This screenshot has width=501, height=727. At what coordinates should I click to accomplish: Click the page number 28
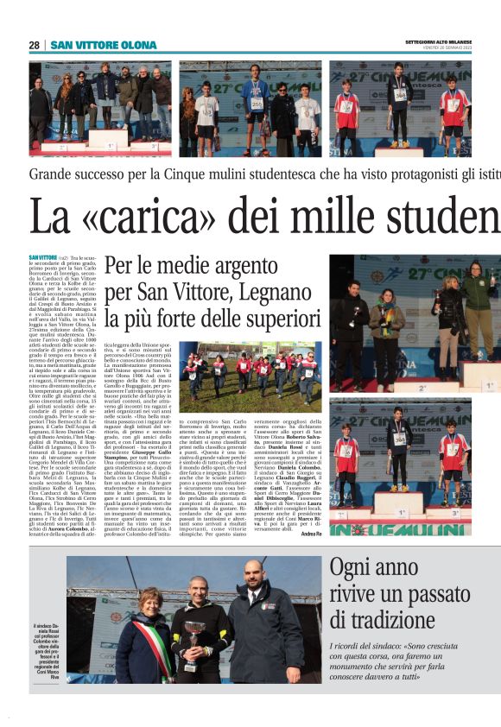(x=34, y=45)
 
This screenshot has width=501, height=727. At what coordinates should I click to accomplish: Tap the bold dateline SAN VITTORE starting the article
(x=42, y=257)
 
